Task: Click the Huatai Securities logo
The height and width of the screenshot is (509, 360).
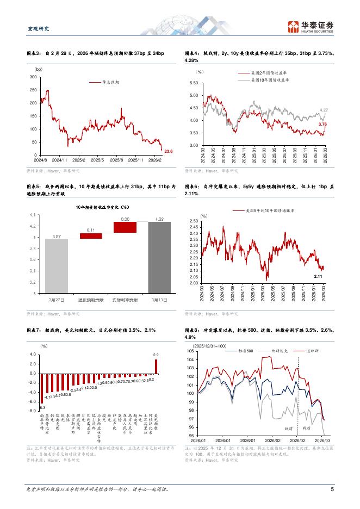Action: click(x=310, y=26)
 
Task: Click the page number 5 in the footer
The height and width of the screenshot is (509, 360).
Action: click(x=332, y=489)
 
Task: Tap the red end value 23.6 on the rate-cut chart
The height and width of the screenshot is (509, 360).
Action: click(x=169, y=151)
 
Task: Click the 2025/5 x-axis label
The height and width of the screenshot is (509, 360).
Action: click(x=99, y=160)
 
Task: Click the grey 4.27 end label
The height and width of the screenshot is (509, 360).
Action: click(x=324, y=110)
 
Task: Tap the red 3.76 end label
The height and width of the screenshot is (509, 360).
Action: click(x=322, y=125)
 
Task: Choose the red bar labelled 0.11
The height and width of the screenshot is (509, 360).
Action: click(x=91, y=235)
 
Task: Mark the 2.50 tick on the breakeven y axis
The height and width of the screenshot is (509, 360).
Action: click(x=208, y=221)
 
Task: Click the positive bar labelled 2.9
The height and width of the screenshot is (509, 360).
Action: click(x=156, y=367)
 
